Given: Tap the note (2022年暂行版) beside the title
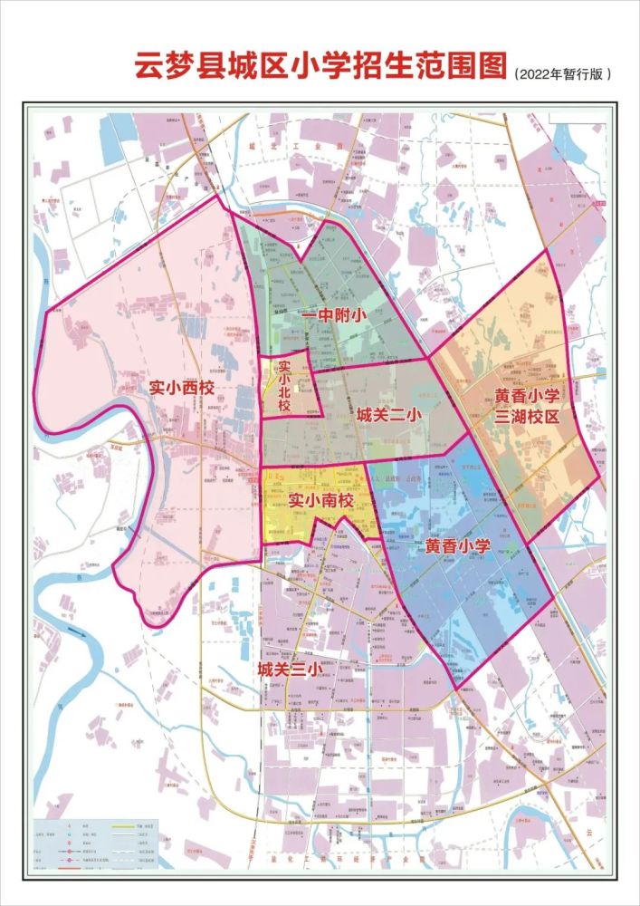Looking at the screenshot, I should pos(562,74).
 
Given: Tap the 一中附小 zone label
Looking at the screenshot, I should pos(333,315).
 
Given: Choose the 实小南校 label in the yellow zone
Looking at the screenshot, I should pos(320,498).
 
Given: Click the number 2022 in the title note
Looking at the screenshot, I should pos(535,74).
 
